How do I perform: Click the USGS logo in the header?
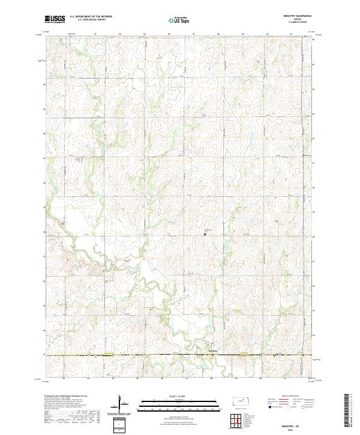coord(55,20)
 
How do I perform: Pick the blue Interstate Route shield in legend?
coord(269,407)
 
